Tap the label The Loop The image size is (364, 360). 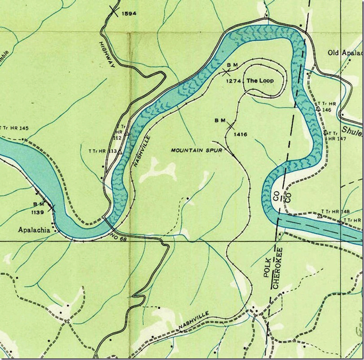259,81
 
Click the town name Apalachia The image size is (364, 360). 34,230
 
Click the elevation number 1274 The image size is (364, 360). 234,81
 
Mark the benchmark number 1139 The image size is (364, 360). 41,212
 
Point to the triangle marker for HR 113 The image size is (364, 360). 119,152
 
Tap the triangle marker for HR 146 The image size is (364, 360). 318,109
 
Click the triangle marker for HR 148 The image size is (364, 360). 320,216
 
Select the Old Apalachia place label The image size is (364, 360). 345,53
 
